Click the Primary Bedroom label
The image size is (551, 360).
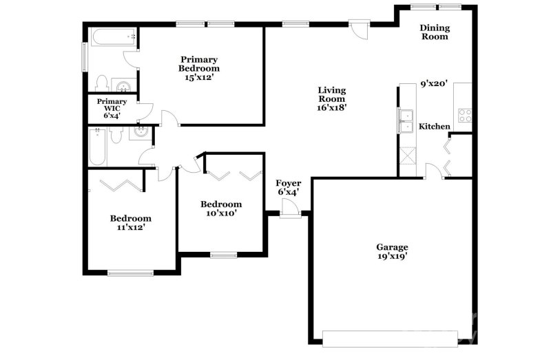click(x=199, y=68)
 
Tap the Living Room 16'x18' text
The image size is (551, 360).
click(x=331, y=98)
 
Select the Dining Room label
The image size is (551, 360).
click(x=435, y=32)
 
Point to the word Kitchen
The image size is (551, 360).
click(x=435, y=127)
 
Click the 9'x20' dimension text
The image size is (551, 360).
click(x=434, y=84)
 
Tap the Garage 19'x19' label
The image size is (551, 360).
click(x=392, y=252)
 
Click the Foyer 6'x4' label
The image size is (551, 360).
click(x=288, y=187)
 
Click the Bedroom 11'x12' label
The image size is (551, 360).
click(x=131, y=223)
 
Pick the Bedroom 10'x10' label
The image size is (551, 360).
click(x=221, y=209)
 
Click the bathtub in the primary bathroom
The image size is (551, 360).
click(x=110, y=36)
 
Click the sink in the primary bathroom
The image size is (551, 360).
click(x=123, y=86)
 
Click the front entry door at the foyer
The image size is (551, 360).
click(x=290, y=214)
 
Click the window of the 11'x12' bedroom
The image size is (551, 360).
click(x=130, y=273)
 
